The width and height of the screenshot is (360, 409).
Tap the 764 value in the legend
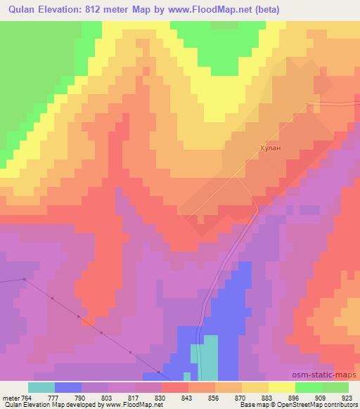tap(27, 398)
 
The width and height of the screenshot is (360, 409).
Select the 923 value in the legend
tap(348, 398)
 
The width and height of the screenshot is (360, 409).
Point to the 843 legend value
tap(188, 398)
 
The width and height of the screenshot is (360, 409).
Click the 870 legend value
tap(241, 398)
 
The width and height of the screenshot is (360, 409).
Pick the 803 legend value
tap(108, 398)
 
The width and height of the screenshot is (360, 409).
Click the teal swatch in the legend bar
tap(41, 387)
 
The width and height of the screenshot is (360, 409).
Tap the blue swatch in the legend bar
tap(68, 387)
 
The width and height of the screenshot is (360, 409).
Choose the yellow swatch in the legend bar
tap(282, 387)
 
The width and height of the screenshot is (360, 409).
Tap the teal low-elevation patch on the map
tap(208, 358)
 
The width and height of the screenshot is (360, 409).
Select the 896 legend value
tap(295, 398)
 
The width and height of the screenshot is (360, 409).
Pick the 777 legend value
tap(54, 398)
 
